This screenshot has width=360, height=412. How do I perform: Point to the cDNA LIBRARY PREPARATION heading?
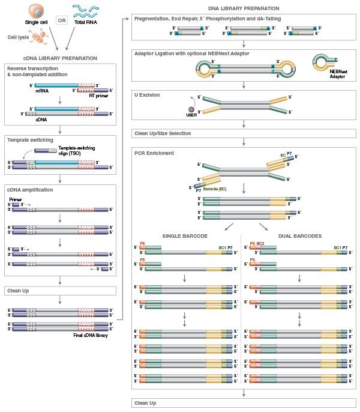60,58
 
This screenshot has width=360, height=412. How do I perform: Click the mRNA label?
41,92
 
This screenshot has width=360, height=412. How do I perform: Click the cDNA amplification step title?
30,190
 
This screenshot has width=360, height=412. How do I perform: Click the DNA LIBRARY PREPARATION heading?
244,8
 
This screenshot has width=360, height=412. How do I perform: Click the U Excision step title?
147,95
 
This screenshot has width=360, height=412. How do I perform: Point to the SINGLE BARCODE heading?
185,235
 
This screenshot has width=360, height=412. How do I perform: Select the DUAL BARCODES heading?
299,235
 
